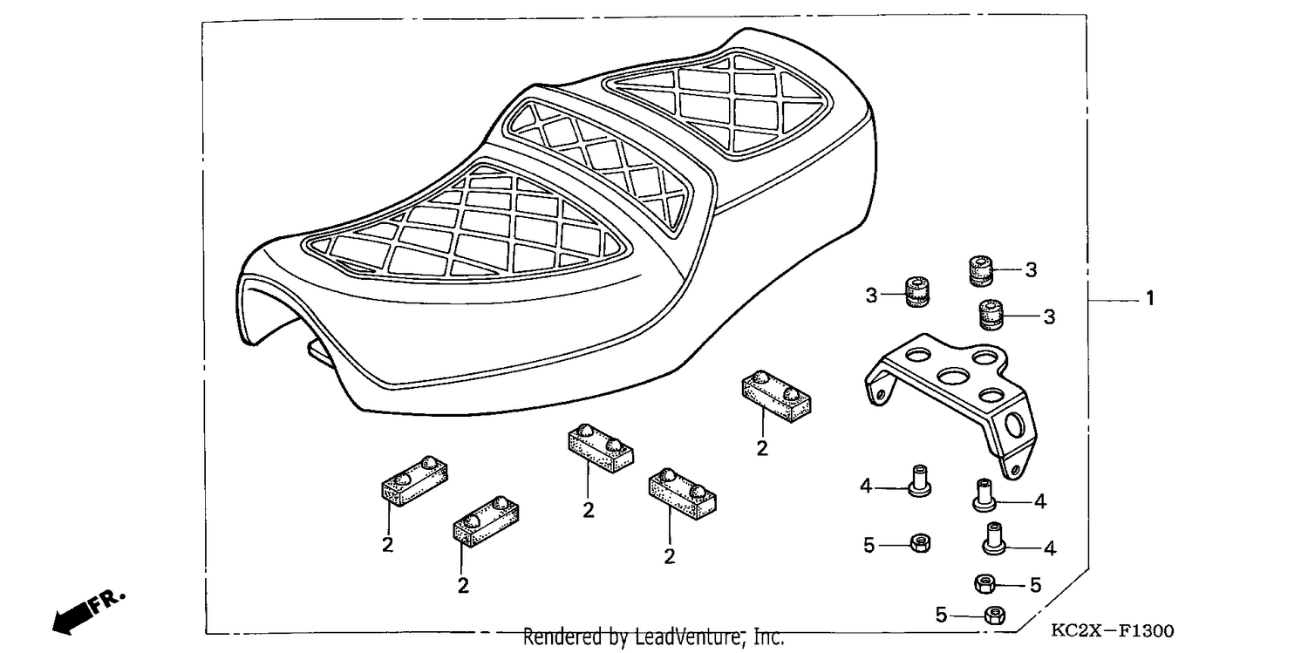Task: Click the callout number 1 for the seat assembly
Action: [x=1150, y=299]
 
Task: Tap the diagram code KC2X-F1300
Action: [x=1113, y=631]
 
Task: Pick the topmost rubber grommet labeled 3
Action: [x=980, y=271]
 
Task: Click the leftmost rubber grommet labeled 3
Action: [x=916, y=292]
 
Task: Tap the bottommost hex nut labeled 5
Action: [x=994, y=615]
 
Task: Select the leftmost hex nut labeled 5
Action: [x=920, y=544]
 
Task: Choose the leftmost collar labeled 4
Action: [x=920, y=481]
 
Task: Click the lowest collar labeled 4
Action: [x=993, y=539]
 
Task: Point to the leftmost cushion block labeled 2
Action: [x=414, y=481]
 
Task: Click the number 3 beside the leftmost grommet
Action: [x=871, y=296]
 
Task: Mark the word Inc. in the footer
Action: [x=768, y=636]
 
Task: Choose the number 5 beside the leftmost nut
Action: [x=869, y=546]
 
